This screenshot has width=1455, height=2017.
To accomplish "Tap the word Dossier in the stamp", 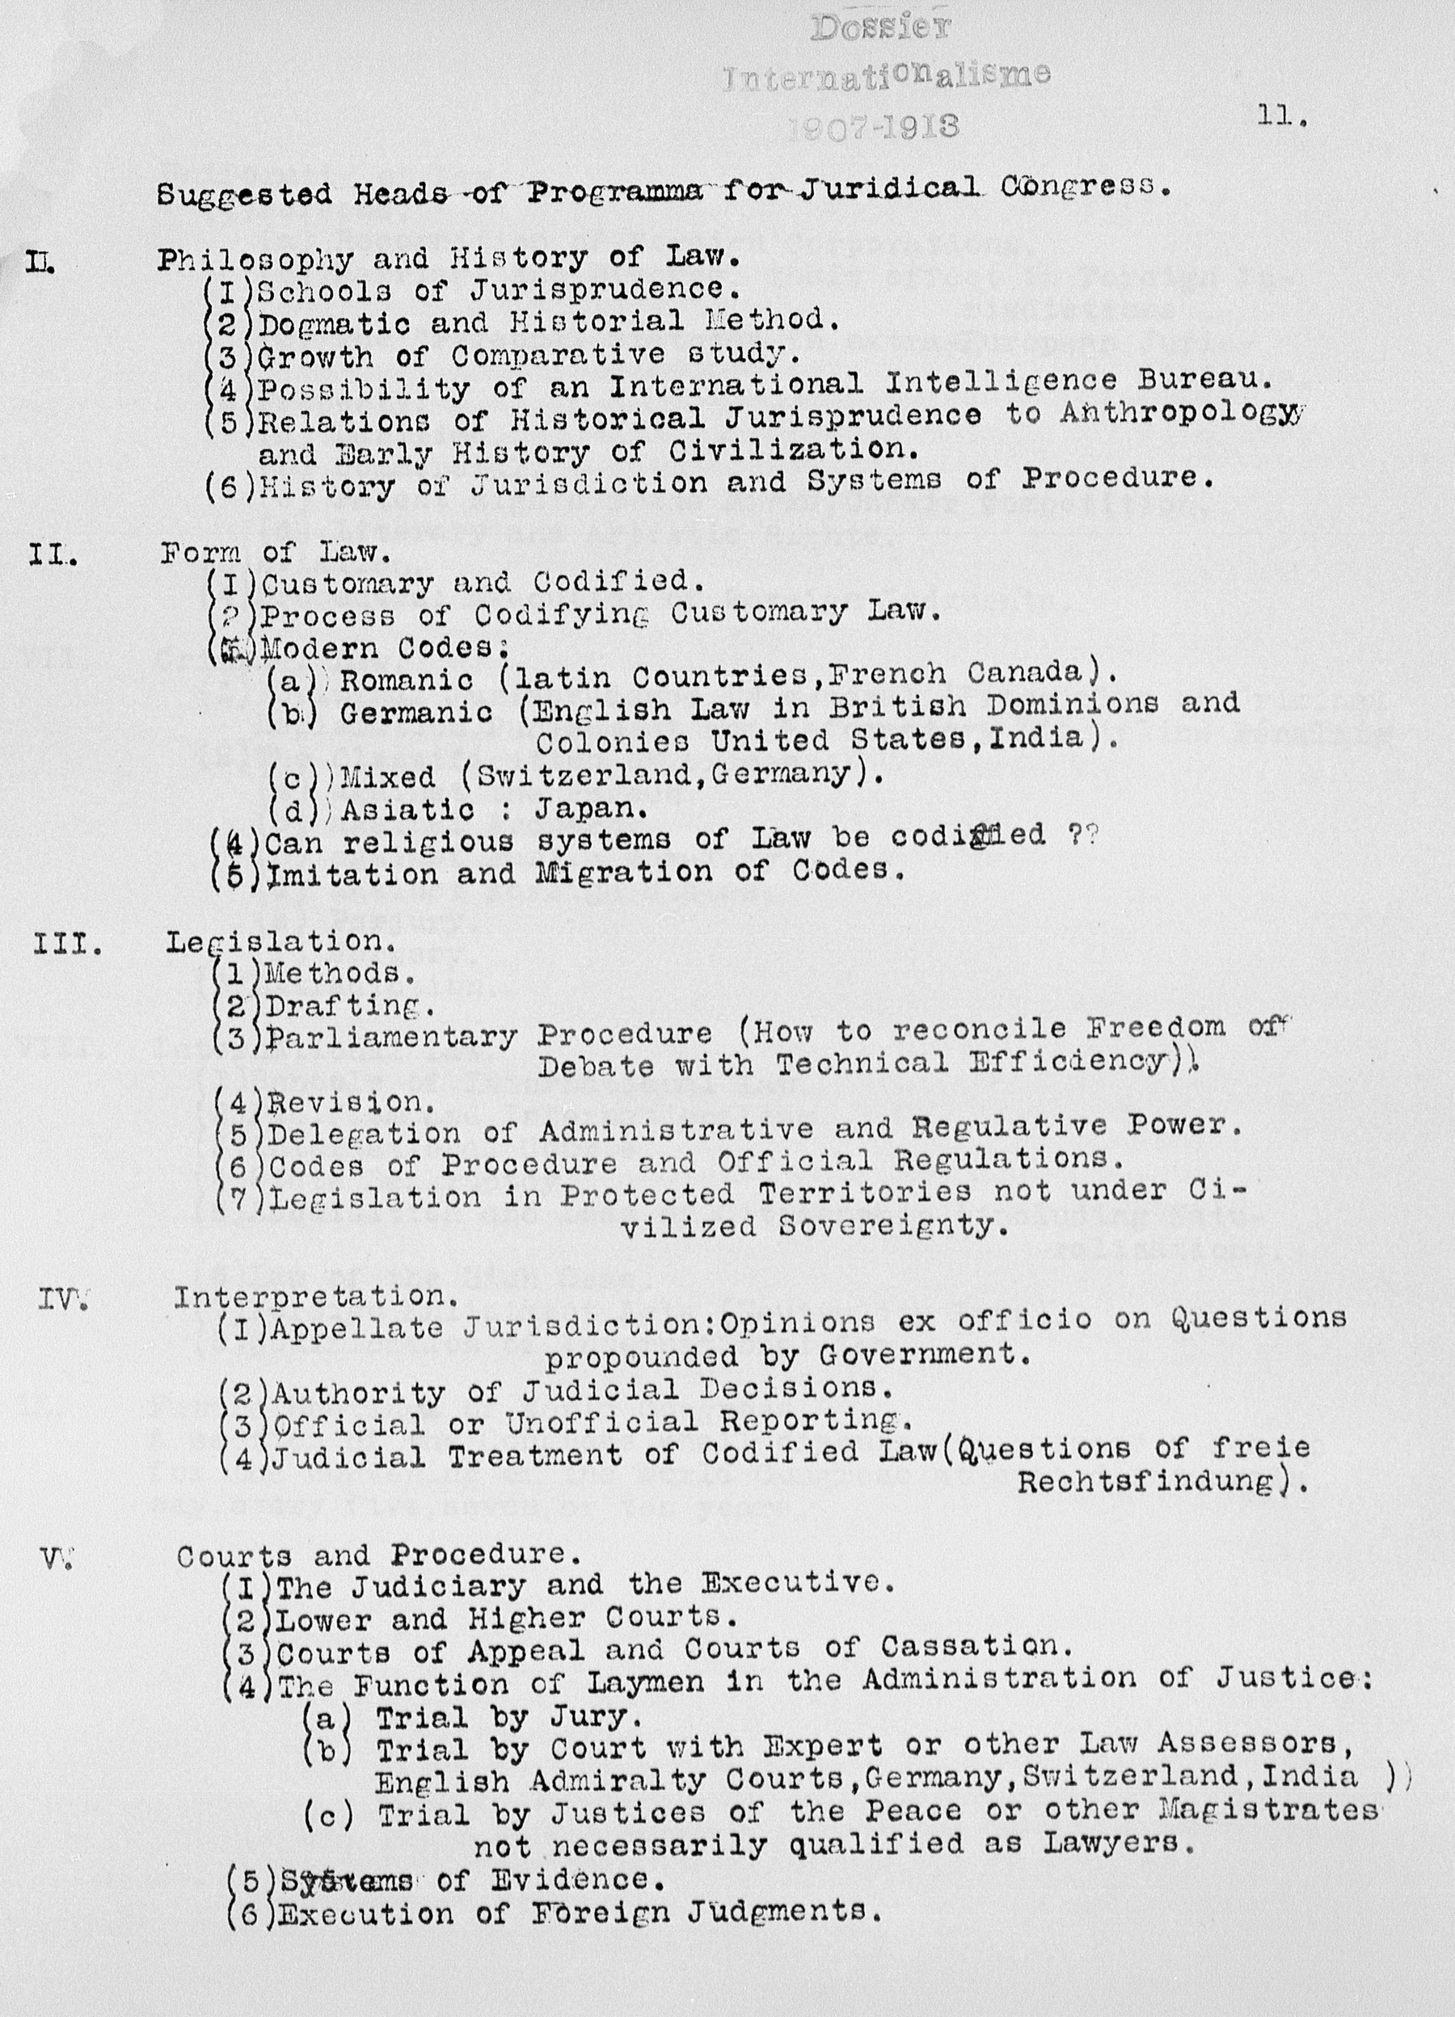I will point(880,28).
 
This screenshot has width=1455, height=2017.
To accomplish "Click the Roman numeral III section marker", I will point(67,944).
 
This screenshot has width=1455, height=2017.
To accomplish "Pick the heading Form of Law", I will point(276,554).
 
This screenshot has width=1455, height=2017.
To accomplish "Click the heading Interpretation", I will point(317,1297).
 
